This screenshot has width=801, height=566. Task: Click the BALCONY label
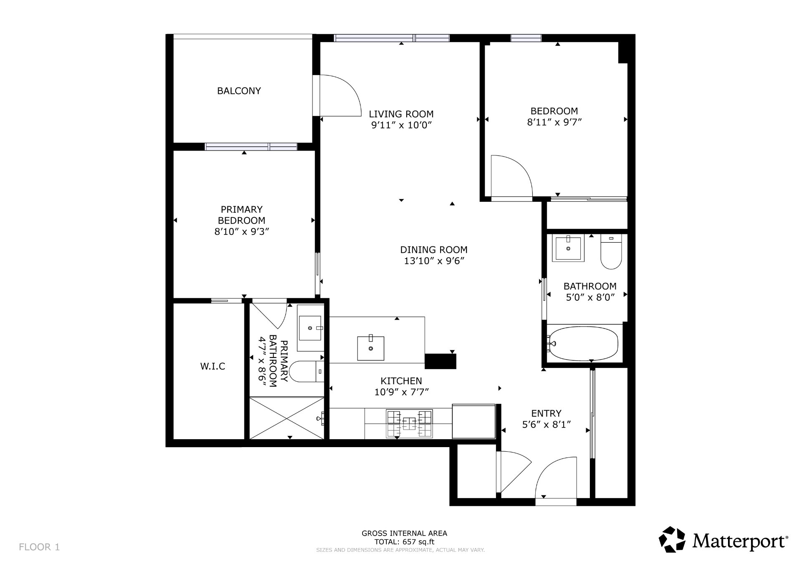(x=239, y=91)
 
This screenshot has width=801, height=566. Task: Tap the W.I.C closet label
(x=213, y=366)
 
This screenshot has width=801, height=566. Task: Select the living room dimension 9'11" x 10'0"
(x=401, y=125)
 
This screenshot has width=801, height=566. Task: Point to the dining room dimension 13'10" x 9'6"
(x=434, y=261)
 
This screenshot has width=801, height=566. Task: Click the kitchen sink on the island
(x=370, y=348)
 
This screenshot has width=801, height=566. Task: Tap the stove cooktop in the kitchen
(x=409, y=424)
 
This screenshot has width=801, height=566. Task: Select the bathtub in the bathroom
(x=584, y=344)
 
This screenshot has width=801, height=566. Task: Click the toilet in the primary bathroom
(x=306, y=372)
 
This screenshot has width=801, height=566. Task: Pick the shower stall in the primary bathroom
(x=287, y=418)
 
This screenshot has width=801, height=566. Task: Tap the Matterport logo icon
(x=672, y=539)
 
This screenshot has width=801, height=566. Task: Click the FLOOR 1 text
(x=39, y=547)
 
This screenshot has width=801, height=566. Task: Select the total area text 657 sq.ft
(x=418, y=542)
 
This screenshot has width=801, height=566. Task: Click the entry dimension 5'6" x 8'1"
(x=547, y=425)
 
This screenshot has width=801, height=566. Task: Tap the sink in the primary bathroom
(x=310, y=328)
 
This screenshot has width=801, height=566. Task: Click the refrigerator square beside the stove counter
(x=474, y=421)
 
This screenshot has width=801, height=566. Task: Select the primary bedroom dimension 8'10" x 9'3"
(x=242, y=231)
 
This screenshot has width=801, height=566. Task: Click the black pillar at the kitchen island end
(x=440, y=361)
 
